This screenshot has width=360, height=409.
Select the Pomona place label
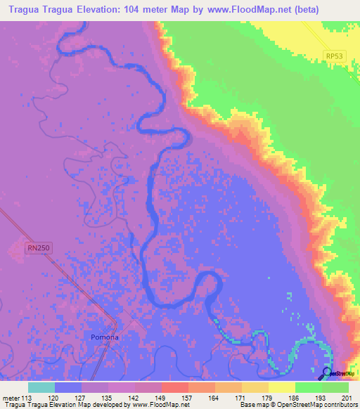tap(105, 337)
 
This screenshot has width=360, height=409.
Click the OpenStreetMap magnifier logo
tap(326, 374)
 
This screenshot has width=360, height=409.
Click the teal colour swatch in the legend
tap(41, 387)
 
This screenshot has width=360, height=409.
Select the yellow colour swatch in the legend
tap(281, 387)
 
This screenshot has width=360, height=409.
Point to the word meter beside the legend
tap(11, 396)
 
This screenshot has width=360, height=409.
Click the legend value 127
tap(82, 396)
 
